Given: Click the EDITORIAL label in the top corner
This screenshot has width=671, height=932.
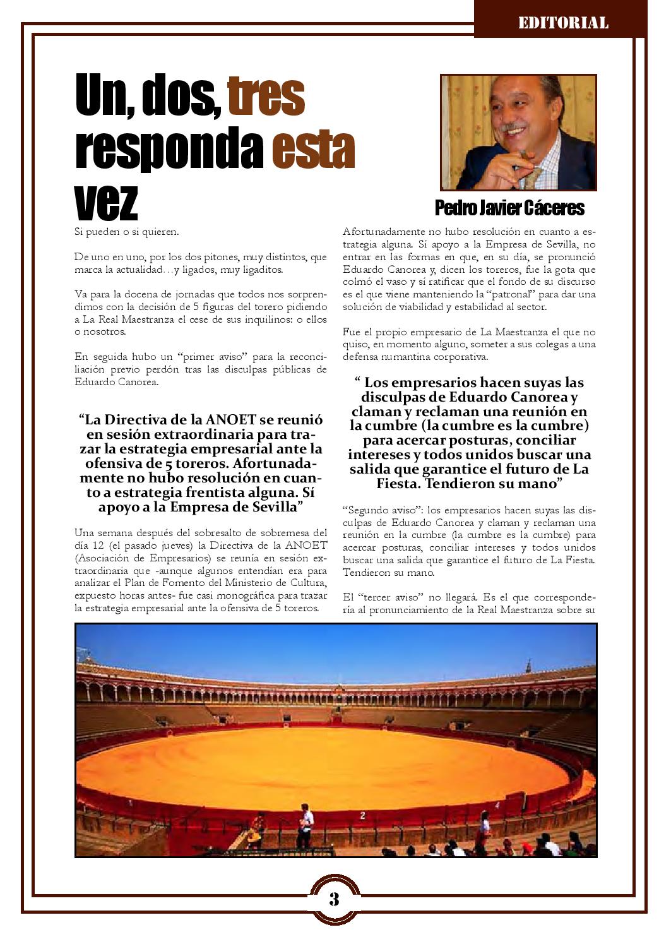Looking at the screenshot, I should click(x=563, y=23).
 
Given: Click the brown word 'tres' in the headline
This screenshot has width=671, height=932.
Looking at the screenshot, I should click(x=266, y=97).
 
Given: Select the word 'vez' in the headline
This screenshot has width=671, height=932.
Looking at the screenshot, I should click(x=106, y=201).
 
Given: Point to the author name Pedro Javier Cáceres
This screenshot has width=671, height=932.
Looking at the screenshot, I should click(x=509, y=208).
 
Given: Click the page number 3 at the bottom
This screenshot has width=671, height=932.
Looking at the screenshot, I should click(x=334, y=899).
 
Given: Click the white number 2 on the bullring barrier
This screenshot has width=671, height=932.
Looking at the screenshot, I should click(x=362, y=815).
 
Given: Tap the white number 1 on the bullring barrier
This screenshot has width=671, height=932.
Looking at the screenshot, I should click(x=129, y=804).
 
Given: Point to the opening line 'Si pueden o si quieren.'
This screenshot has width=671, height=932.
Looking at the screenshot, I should click(x=126, y=232).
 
